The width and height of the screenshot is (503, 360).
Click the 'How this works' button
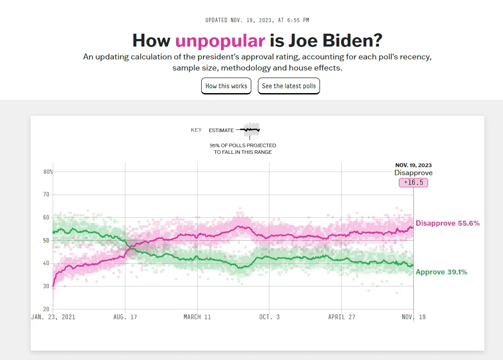click(226, 86)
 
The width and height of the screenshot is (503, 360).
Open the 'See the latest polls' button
click(289, 86)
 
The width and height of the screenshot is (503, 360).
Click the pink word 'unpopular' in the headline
click(220, 41)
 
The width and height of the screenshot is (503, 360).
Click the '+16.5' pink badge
click(413, 183)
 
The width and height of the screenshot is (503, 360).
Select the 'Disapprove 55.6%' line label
click(447, 223)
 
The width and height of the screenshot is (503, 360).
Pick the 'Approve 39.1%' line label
click(441, 272)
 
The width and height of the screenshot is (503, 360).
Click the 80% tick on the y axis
click(48, 172)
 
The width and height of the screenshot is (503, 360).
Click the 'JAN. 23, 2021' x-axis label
click(53, 317)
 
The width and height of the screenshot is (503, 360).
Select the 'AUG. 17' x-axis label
click(125, 317)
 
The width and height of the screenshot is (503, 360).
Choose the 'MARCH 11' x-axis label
click(197, 317)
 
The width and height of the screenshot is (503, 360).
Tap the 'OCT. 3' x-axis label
click(269, 317)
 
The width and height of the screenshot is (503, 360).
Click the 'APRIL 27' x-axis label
click(342, 317)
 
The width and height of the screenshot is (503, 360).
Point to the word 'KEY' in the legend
click(196, 130)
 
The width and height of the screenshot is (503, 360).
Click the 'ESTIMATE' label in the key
click(221, 130)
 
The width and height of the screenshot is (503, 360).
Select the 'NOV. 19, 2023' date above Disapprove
click(413, 165)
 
